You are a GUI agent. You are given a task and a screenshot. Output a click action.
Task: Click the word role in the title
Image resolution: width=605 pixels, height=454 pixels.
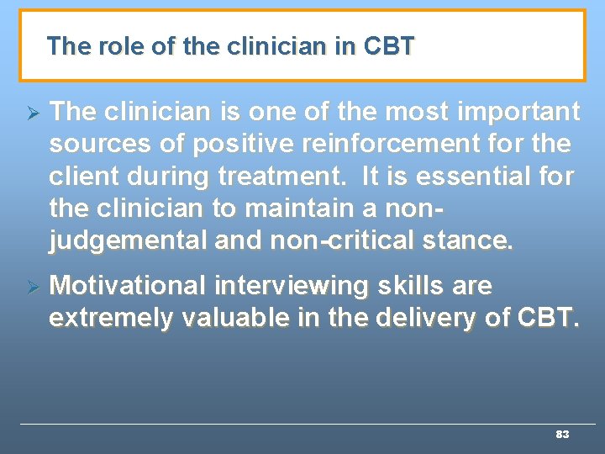(x=122, y=46)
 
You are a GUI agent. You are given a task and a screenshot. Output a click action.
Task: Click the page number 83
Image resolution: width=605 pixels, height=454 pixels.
(x=562, y=435)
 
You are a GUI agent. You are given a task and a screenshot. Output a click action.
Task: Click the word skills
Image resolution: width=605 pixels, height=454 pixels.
(x=408, y=286)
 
